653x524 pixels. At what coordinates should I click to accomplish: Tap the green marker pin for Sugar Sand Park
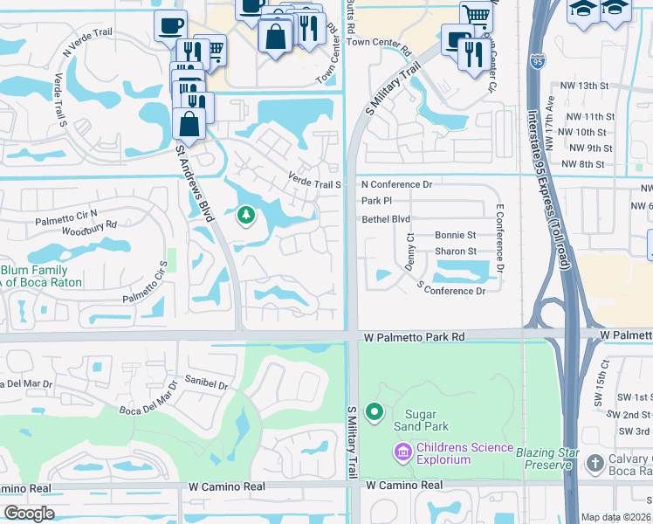click(375, 411)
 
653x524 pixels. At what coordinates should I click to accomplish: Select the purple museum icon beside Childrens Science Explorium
click(402, 452)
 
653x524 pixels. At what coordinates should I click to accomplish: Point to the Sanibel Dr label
click(206, 383)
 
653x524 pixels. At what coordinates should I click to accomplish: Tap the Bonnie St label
click(455, 236)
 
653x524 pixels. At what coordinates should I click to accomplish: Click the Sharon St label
click(455, 252)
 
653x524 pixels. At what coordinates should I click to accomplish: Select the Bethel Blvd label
click(386, 219)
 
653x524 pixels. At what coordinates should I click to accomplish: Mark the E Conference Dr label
click(500, 237)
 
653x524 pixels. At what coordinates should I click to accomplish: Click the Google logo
click(29, 514)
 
